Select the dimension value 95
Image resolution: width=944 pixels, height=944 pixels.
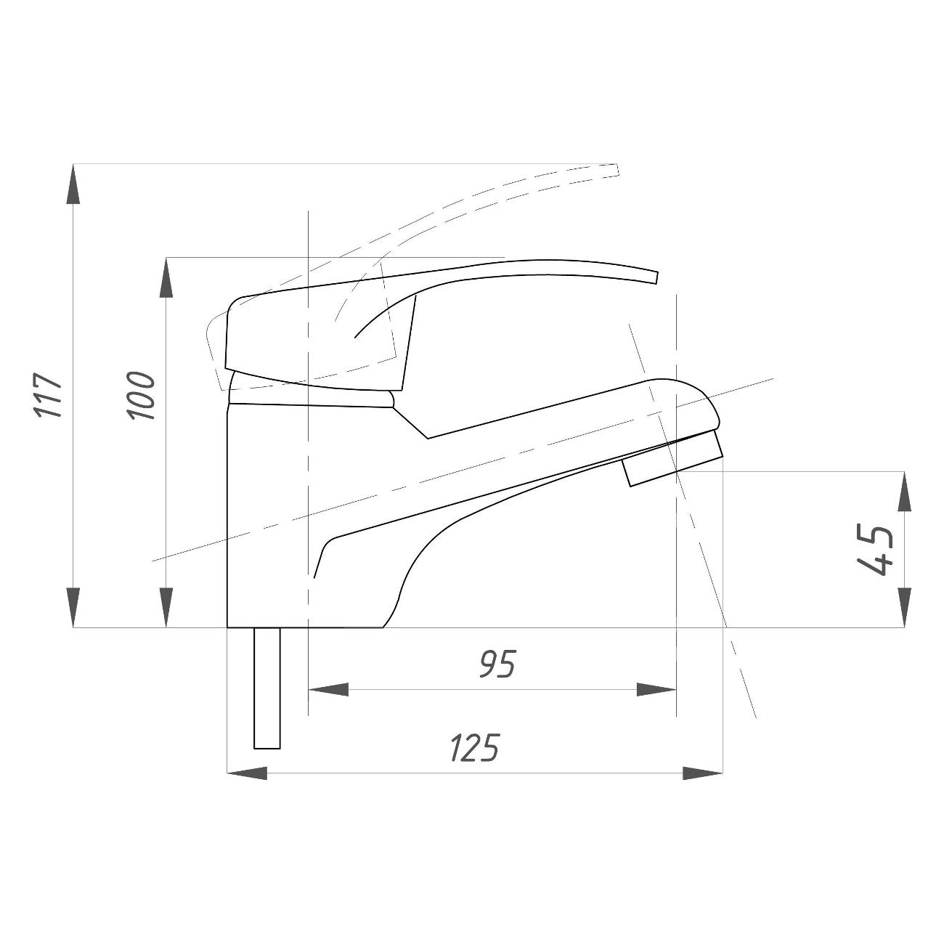click(497, 664)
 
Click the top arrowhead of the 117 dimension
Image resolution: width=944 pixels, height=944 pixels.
click(73, 183)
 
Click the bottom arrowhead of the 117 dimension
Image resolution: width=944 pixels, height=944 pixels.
click(73, 608)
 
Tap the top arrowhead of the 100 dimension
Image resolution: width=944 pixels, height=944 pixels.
click(167, 277)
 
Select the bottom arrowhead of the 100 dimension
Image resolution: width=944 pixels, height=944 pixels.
click(167, 608)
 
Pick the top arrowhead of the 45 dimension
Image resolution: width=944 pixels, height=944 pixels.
click(904, 492)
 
